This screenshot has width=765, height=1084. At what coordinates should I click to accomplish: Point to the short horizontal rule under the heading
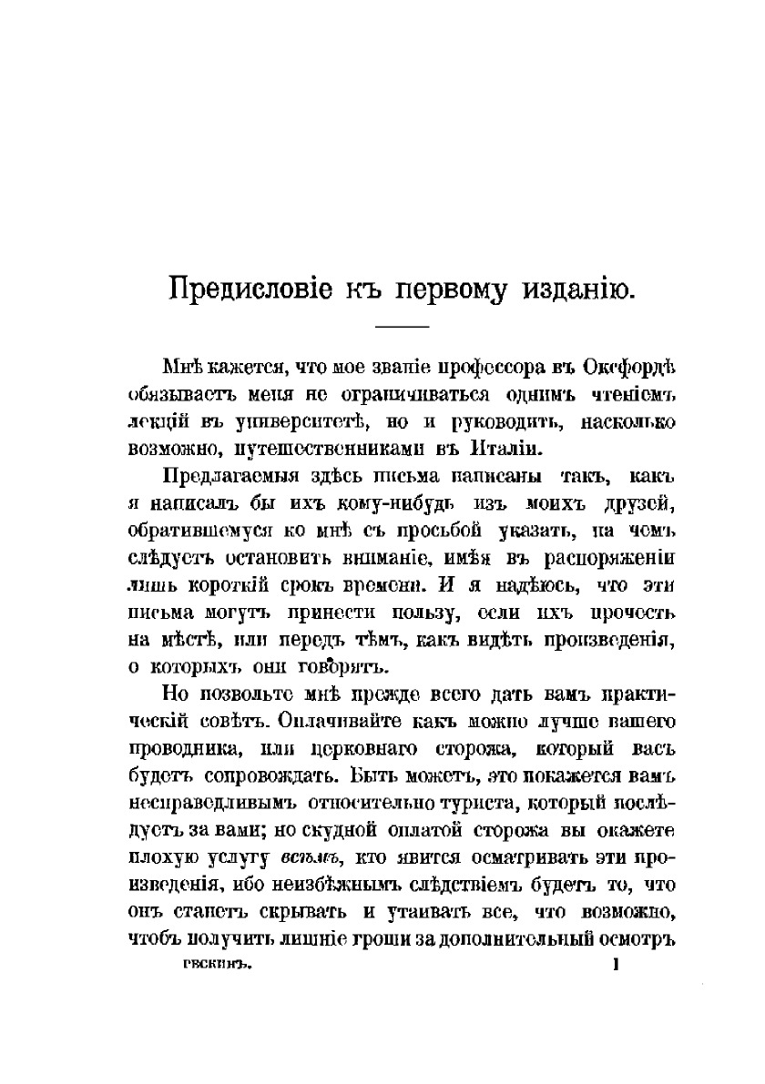pyautogui.click(x=402, y=327)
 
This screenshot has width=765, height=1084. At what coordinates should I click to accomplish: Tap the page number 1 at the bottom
pyautogui.click(x=616, y=970)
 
